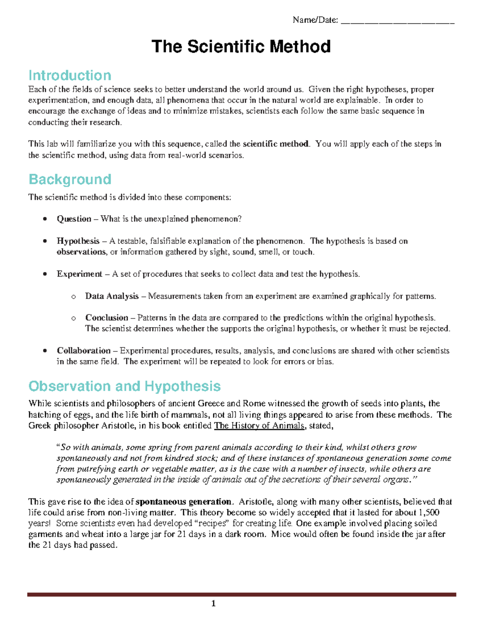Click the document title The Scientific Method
point(241,47)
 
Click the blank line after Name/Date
point(397,21)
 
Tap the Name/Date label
point(315,20)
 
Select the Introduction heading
point(70,75)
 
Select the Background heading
point(70,179)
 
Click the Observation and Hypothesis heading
point(124,386)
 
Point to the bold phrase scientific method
point(276,144)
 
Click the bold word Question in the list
point(74,219)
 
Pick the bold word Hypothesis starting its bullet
point(78,241)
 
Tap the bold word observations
point(81,252)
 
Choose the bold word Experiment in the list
point(79,274)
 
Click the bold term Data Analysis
point(112,296)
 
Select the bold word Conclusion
point(107,318)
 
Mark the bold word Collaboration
point(84,351)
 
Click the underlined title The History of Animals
point(259,426)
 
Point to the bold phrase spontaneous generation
point(184,502)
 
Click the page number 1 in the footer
point(213,603)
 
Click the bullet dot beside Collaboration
point(45,351)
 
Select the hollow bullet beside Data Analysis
point(73,297)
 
